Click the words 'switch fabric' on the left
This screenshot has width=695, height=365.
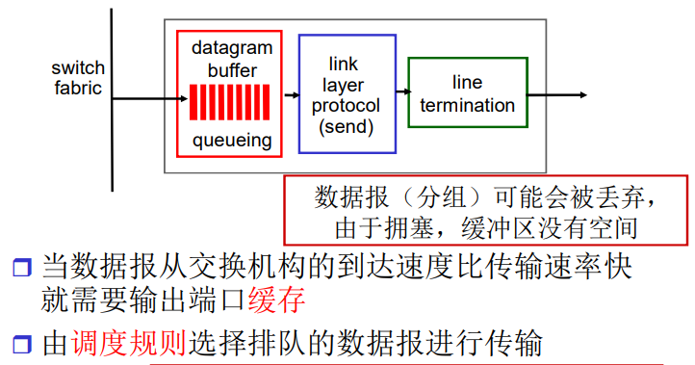(x=78, y=80)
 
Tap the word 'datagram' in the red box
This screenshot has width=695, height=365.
(x=231, y=47)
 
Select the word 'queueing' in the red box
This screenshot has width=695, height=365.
(x=231, y=141)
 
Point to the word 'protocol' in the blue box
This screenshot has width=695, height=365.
(x=347, y=106)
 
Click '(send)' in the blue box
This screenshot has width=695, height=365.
(x=347, y=126)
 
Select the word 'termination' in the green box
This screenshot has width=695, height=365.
(x=467, y=106)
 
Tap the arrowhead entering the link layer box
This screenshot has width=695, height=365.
(x=294, y=95)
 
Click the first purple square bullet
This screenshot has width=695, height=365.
(x=21, y=266)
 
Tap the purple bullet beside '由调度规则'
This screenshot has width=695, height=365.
(x=21, y=342)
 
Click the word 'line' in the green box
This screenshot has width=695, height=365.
(x=467, y=85)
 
